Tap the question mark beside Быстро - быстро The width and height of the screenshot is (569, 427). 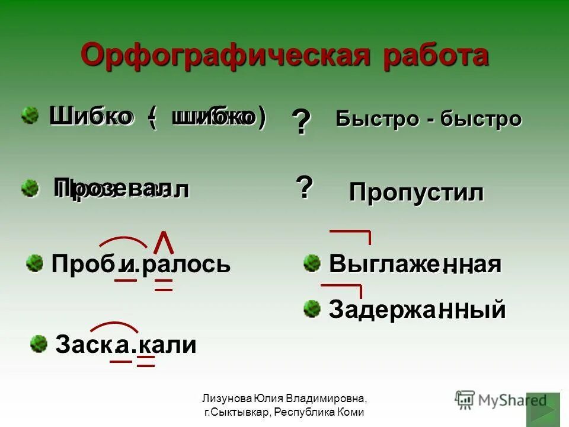point(301,123)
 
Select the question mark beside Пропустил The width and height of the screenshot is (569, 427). point(304,187)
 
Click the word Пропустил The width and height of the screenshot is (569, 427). point(416,193)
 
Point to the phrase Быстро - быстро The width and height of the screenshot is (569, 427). point(429,119)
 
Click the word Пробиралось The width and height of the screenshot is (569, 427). point(141,264)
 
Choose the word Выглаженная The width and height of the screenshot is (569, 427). point(415,264)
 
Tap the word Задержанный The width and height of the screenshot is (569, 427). point(417,310)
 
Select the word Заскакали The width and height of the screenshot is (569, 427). point(126,345)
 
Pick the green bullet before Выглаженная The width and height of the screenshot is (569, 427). point(312,263)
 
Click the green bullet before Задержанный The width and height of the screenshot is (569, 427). point(312,308)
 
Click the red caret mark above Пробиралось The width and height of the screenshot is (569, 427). point(164,241)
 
